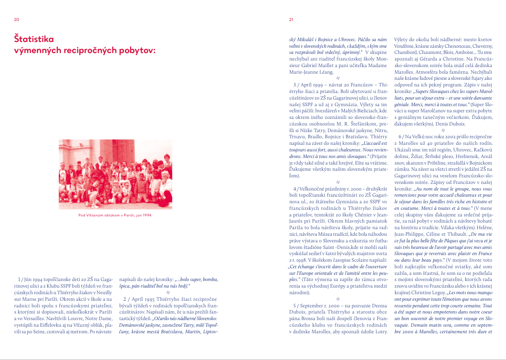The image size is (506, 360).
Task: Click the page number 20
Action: (16, 19)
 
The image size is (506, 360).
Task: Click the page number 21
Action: (291, 19)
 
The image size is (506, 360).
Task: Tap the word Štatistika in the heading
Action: (34, 39)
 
